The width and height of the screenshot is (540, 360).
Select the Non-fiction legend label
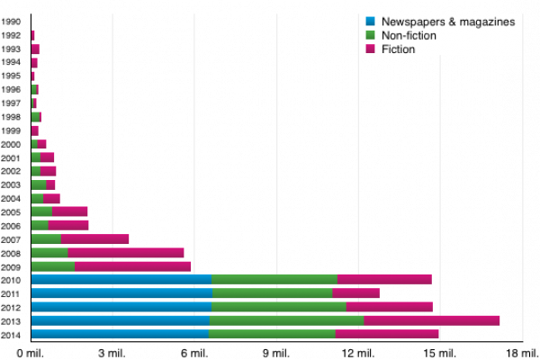pos(409,35)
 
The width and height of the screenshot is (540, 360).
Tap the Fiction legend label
pos(398,49)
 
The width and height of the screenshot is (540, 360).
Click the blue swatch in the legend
pos(370,21)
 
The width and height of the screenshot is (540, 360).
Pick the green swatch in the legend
pos(370,35)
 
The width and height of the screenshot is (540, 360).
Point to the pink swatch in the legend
pos(370,49)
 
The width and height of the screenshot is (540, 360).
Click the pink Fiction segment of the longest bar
pos(432,320)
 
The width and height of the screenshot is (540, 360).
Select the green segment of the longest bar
pos(286,320)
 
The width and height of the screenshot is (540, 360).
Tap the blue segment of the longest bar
pos(121,320)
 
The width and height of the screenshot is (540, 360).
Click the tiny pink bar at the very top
pos(33,35)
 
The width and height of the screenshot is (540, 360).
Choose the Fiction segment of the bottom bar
pos(387,334)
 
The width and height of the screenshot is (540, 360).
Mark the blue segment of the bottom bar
pos(120,334)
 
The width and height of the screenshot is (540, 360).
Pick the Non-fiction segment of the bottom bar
pos(272,334)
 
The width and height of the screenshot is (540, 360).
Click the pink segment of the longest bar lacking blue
pos(133,266)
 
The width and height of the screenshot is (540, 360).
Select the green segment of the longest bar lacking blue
pos(53,266)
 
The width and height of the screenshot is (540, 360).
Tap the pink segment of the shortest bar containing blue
pos(355,293)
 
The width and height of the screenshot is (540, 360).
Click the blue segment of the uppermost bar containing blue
pos(121,279)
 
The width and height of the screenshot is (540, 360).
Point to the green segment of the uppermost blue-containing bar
pos(274,279)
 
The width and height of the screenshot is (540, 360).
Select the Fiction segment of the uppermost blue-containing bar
pos(384,279)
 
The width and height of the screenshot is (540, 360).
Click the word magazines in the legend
pos(487,21)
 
